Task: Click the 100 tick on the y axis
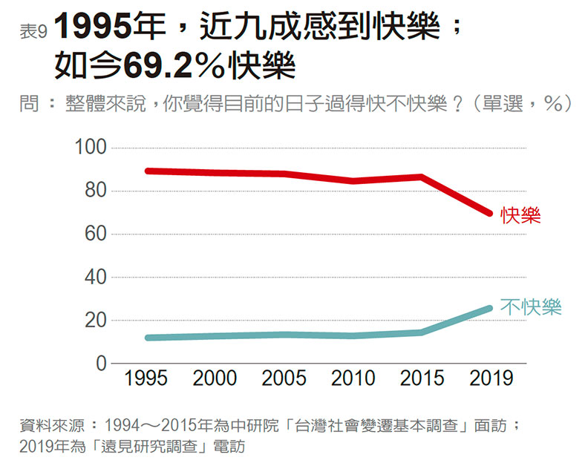coord(89,148)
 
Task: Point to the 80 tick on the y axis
coord(94,191)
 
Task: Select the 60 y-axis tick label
coord(94,234)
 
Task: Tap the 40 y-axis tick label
coord(94,278)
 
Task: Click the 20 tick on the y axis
coord(94,321)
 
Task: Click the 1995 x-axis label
coord(146,378)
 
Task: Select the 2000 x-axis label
coord(215,378)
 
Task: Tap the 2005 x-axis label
coord(284,378)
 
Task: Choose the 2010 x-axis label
coord(353,378)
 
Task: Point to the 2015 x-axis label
coord(422,378)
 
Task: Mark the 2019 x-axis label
coord(491,378)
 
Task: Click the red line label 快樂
coord(520,216)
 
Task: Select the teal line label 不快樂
coord(530,307)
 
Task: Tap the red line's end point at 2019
coord(491,214)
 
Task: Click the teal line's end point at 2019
coord(491,308)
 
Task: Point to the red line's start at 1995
coord(147,171)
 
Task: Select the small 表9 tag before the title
coord(34,32)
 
